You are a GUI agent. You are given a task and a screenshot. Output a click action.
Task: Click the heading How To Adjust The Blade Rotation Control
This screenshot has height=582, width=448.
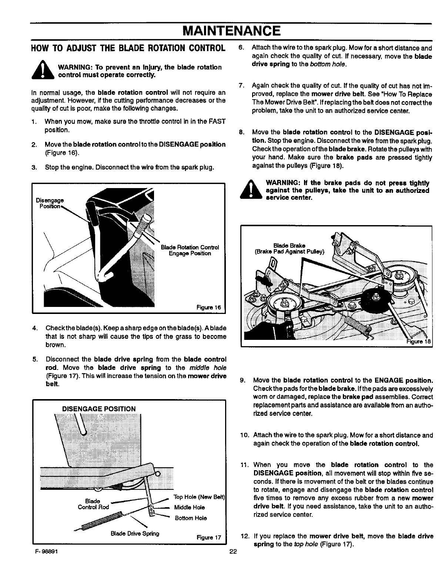pyautogui.click(x=128, y=48)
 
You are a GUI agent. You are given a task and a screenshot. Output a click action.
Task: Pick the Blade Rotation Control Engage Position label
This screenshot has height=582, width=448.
pyautogui.click(x=190, y=250)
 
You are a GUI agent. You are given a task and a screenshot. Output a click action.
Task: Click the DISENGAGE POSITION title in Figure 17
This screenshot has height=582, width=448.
pyautogui.click(x=98, y=409)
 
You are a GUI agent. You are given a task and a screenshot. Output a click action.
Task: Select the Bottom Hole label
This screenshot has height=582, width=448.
pyautogui.click(x=191, y=518)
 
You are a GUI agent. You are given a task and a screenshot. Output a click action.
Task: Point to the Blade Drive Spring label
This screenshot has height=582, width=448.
pyautogui.click(x=135, y=533)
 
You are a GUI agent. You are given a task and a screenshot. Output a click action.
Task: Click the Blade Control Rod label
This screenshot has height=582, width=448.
pyautogui.click(x=93, y=504)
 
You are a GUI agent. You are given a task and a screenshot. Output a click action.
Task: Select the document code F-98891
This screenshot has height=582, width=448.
pyautogui.click(x=44, y=550)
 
